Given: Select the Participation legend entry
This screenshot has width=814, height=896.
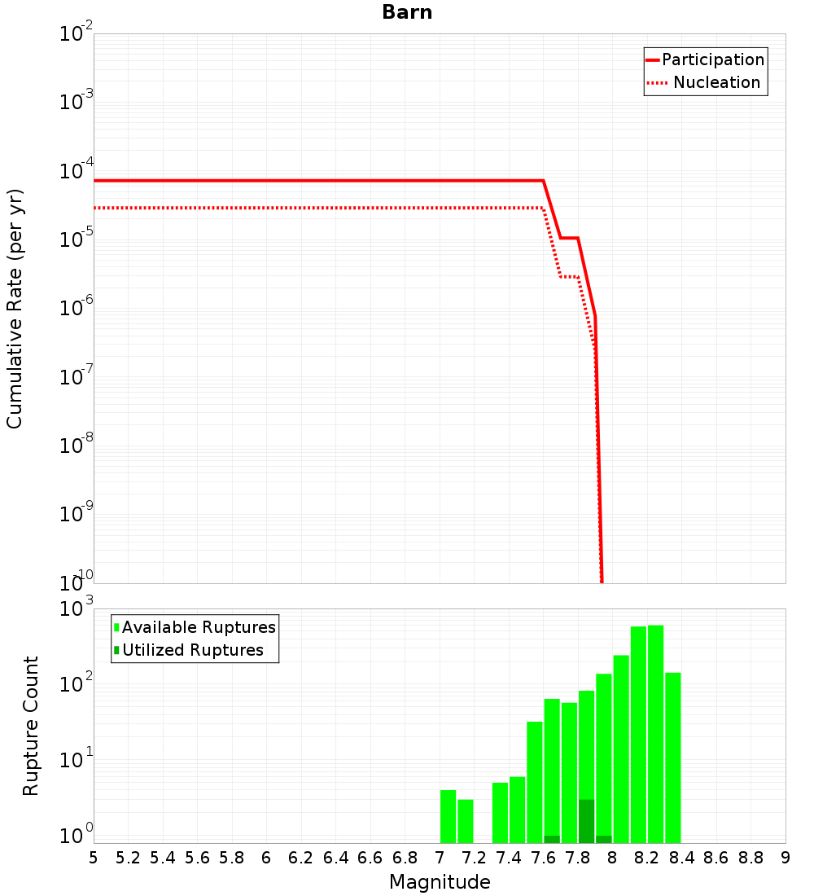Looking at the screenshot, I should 712,59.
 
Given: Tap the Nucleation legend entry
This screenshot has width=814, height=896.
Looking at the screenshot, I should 716,82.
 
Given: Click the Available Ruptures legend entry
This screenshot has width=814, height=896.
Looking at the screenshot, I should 199,627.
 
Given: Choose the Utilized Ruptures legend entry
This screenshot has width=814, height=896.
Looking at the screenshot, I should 192,650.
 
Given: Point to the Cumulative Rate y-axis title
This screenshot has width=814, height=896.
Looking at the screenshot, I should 15,308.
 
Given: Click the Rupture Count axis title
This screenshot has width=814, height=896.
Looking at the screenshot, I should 31,726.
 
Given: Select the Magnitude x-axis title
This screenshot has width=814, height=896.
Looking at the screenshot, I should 440,881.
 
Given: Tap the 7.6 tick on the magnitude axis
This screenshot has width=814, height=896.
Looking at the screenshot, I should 543,857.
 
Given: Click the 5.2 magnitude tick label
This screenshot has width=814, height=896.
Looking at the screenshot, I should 128,857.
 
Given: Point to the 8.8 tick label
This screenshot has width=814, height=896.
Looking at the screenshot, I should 751,857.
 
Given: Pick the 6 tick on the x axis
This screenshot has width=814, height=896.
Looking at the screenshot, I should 266,857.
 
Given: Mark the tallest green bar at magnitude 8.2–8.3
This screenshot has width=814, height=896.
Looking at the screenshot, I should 655,733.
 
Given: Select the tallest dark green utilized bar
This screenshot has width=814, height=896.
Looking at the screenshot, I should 586,821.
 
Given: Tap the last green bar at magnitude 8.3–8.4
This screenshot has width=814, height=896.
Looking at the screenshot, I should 672,758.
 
